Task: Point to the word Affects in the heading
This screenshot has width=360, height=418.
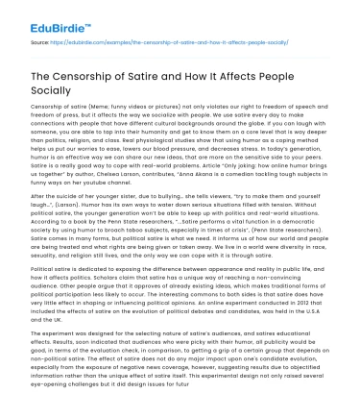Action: tap(266, 81)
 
